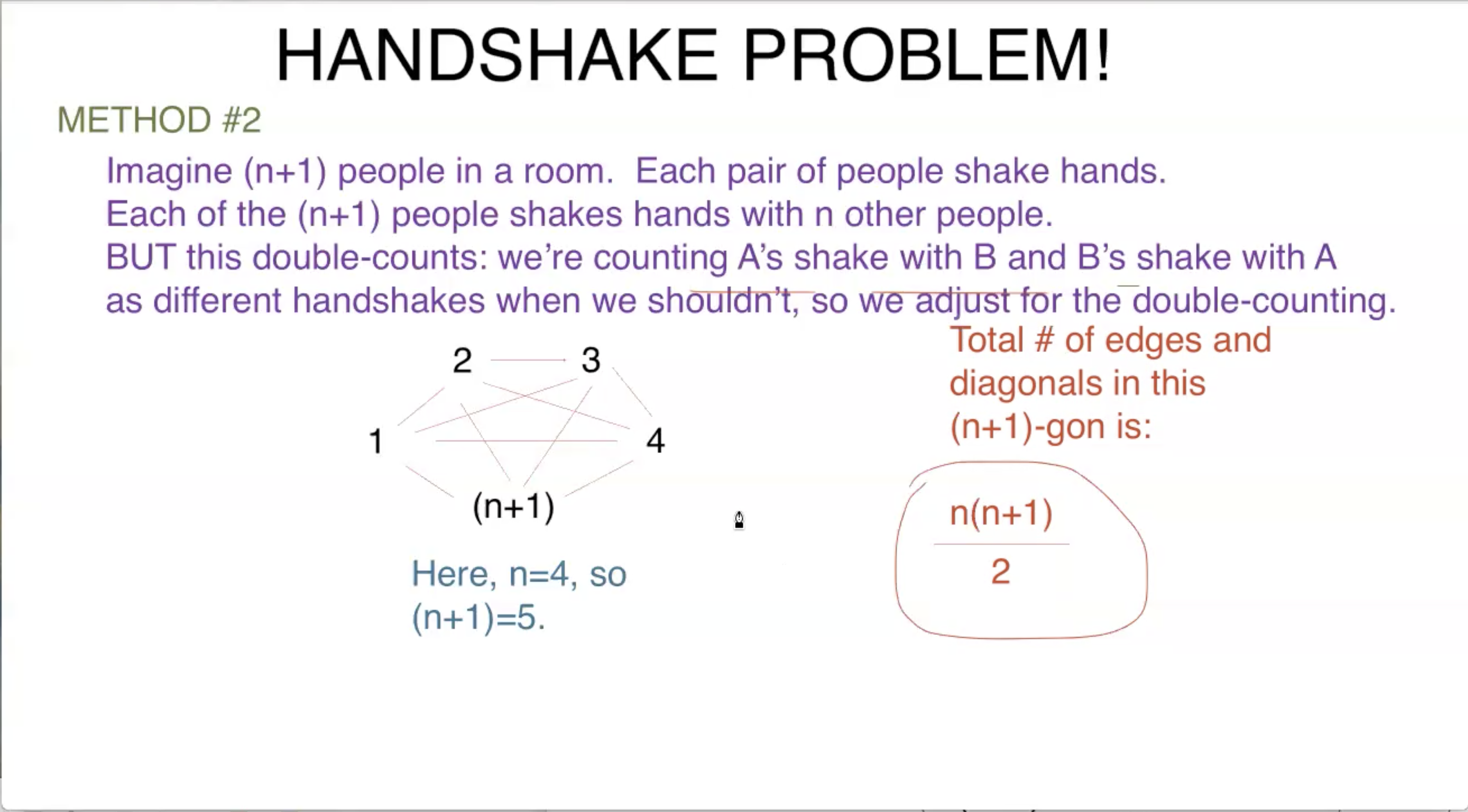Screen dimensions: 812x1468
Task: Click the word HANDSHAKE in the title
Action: (x=496, y=55)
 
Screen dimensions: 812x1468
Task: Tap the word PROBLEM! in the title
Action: (x=926, y=55)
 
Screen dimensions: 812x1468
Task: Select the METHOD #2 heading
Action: (x=159, y=120)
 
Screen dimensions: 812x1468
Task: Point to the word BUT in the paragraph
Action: (x=140, y=257)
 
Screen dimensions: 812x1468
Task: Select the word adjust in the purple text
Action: (x=962, y=300)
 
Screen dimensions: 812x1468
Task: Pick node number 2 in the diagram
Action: (x=462, y=360)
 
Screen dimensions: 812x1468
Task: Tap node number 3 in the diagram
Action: (x=591, y=360)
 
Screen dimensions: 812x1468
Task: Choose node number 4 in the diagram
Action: (x=655, y=441)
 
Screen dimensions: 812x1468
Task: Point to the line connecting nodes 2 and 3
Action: (x=528, y=360)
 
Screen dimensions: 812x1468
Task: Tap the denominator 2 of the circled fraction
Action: (x=1000, y=571)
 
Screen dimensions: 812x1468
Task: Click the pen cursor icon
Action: (x=739, y=520)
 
